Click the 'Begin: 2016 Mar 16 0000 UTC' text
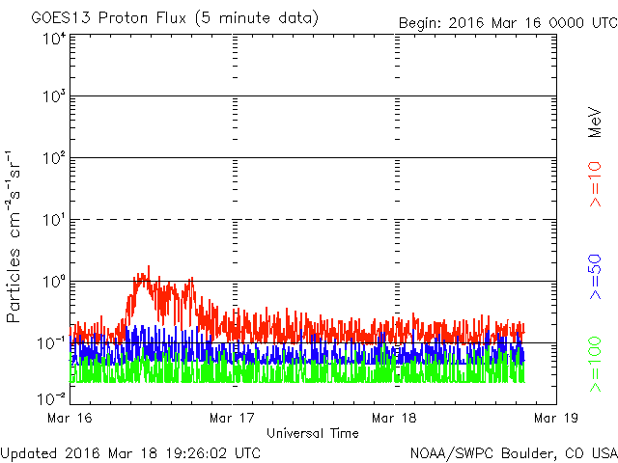[x=508, y=23]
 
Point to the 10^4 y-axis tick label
[x=54, y=40]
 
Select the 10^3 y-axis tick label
[x=54, y=96]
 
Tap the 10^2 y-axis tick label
[x=54, y=158]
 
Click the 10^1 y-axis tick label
[x=54, y=220]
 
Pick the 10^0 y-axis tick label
[x=54, y=282]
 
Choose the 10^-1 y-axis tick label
[x=52, y=343]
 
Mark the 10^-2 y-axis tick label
[x=52, y=398]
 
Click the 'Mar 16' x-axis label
[x=70, y=418]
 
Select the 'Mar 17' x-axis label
[x=232, y=418]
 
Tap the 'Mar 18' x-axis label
[x=394, y=418]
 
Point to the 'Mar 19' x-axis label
[x=556, y=418]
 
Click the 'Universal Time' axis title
[x=313, y=433]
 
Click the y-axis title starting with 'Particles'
[x=14, y=236]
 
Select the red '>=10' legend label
[x=596, y=184]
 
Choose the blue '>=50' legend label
[x=596, y=277]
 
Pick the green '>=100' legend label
[x=596, y=365]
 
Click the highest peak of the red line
[x=149, y=266]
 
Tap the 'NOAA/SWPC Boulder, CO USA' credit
[x=514, y=453]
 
